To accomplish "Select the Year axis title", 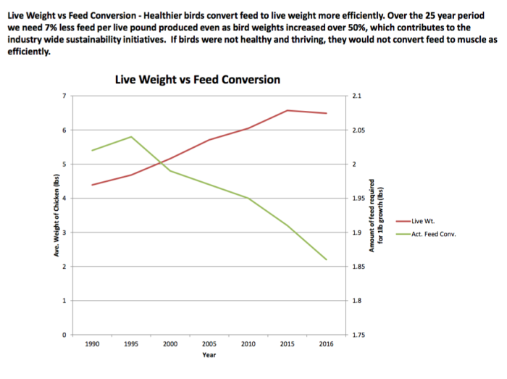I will pos(209,355).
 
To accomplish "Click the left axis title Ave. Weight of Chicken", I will pos(56,215).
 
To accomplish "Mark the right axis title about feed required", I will pos(382,215).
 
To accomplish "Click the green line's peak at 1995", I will pos(132,136).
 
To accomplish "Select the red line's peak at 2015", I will pos(288,110).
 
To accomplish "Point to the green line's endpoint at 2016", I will pos(327,259).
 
